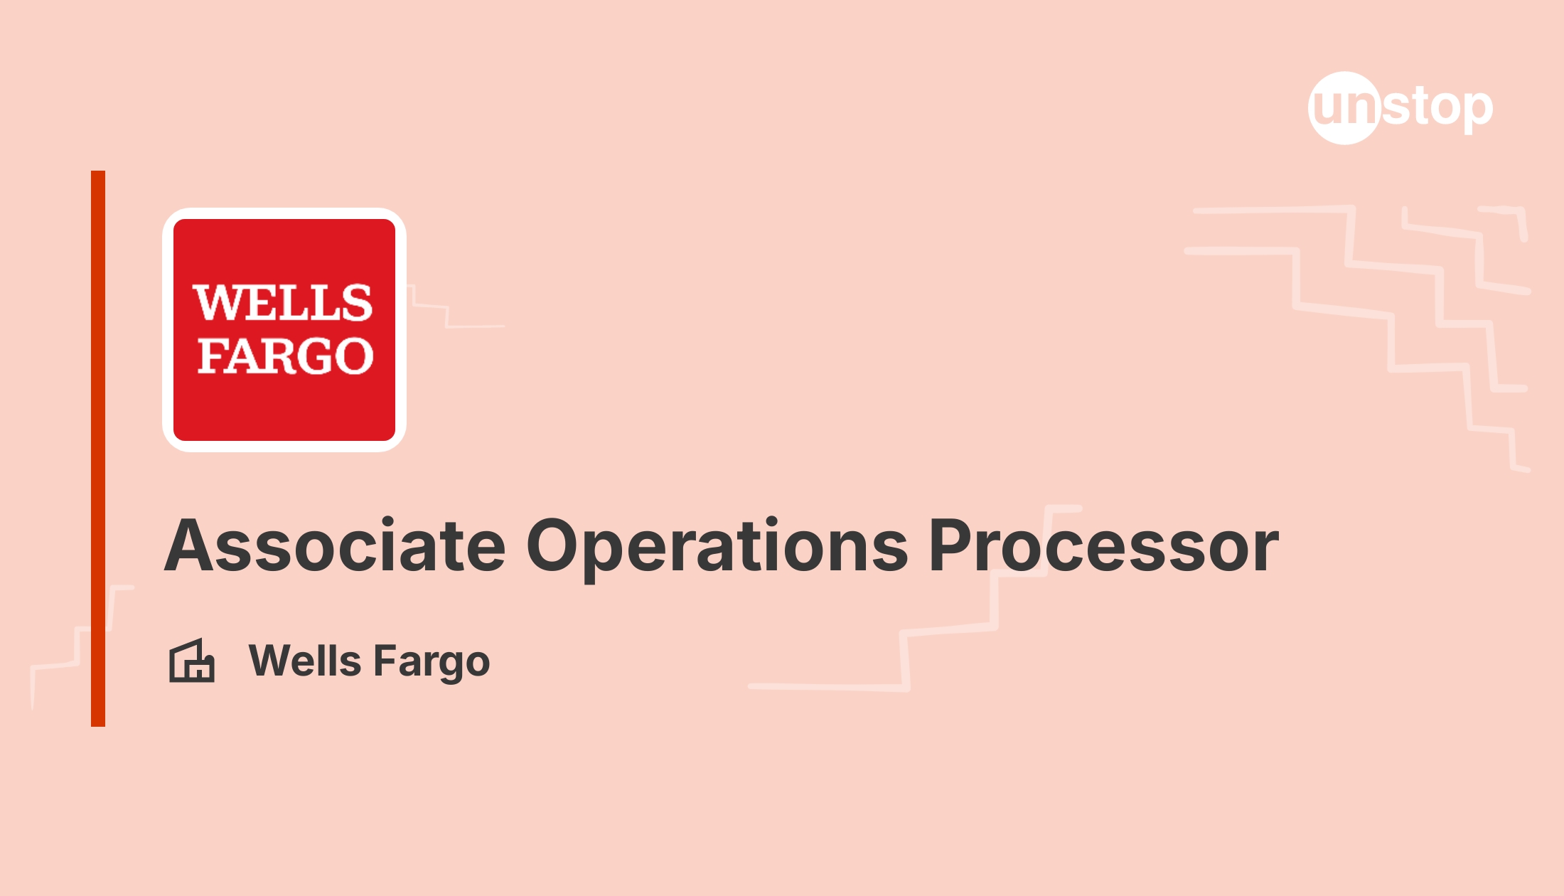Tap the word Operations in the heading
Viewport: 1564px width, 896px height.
click(717, 549)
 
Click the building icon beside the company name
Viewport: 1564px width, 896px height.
click(192, 661)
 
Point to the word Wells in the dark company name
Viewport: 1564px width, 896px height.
click(305, 661)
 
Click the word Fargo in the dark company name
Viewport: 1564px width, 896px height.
click(432, 663)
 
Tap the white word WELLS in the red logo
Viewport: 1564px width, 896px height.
click(283, 303)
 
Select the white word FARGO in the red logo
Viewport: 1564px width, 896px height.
click(285, 356)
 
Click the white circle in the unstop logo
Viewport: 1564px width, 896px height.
click(1344, 108)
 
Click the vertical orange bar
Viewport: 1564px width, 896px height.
click(98, 449)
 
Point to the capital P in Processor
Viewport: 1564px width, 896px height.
click(952, 545)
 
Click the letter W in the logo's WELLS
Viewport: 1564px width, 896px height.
click(220, 303)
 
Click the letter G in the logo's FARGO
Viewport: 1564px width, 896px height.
click(311, 356)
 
